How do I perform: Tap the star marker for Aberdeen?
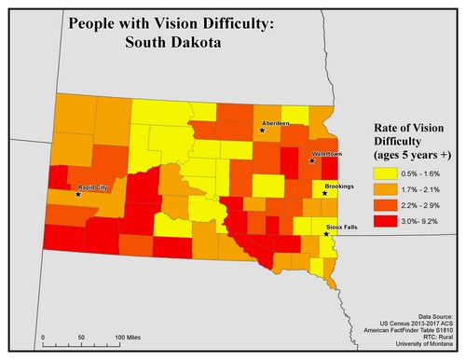[263, 131]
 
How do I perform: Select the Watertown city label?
[326, 153]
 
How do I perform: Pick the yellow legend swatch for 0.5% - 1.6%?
[383, 173]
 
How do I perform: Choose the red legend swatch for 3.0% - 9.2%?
[383, 221]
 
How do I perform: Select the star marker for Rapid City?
[78, 194]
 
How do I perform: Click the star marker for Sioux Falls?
[326, 233]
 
